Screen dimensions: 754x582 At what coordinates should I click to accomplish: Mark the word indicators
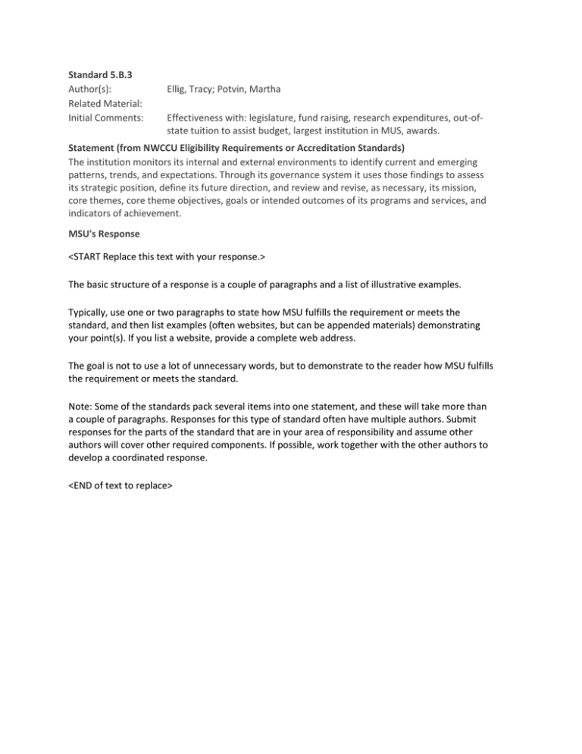point(92,215)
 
